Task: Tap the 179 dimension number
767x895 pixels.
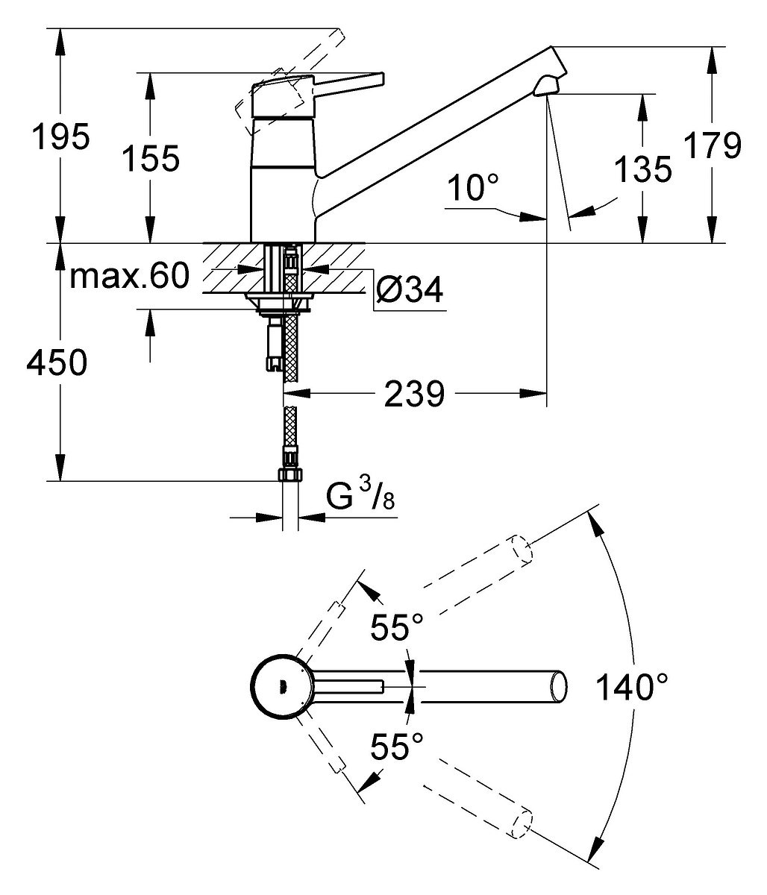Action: [x=713, y=145]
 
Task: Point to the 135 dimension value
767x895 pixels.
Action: [x=642, y=170]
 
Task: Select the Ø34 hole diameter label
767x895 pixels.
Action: [x=409, y=289]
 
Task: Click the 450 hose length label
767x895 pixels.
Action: [x=57, y=363]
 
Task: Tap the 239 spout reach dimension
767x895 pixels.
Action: [x=414, y=394]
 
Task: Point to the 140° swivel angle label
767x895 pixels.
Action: [x=630, y=686]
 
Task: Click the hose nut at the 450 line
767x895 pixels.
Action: [x=290, y=474]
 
